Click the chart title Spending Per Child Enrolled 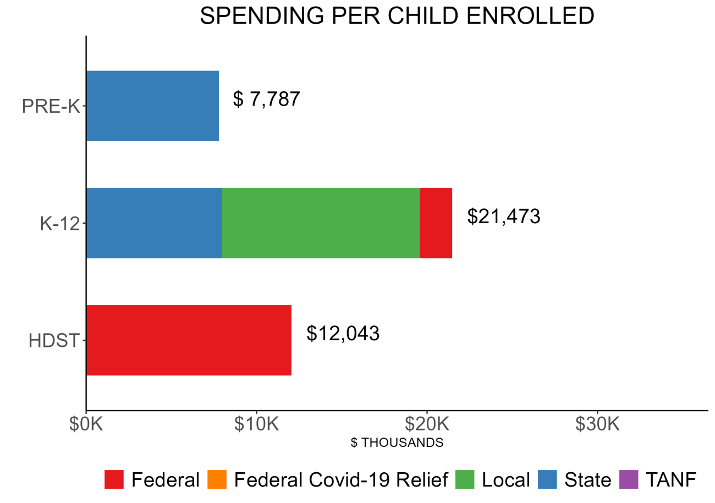pos(397,16)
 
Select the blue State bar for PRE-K pos(152,106)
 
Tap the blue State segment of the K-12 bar pos(154,223)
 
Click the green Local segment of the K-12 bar pos(321,223)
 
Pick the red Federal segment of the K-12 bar pos(436,223)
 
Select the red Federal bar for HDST pos(189,340)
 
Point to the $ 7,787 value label pos(267,100)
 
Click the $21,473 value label pos(504,217)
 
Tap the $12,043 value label pos(343,334)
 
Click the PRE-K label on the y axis pos(51,106)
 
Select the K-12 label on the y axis pos(59,224)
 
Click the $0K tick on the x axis pos(86,425)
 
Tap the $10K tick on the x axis pos(256,425)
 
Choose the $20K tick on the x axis pos(427,425)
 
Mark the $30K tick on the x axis pos(597,425)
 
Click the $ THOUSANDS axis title pos(397,443)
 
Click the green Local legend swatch pos(466,480)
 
